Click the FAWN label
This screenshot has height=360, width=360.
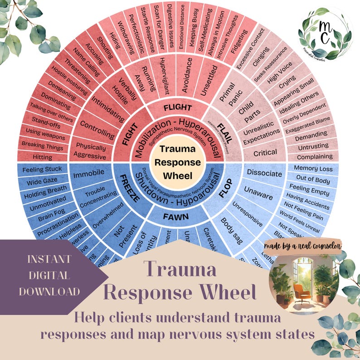pos(176,216)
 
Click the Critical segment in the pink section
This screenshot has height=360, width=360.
pos(265,153)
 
